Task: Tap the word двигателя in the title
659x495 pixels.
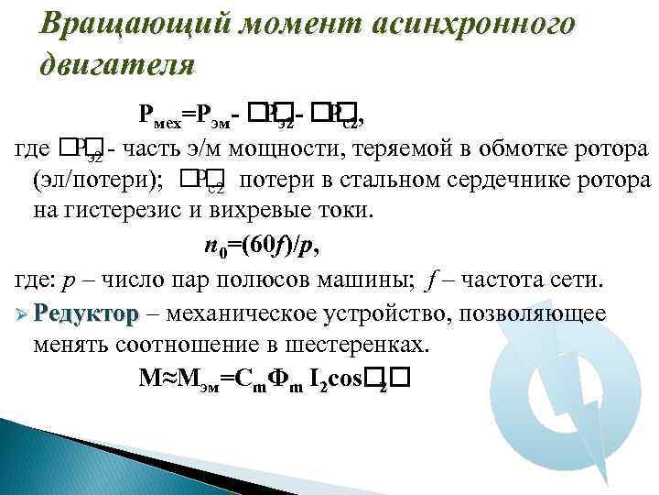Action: (x=117, y=65)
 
